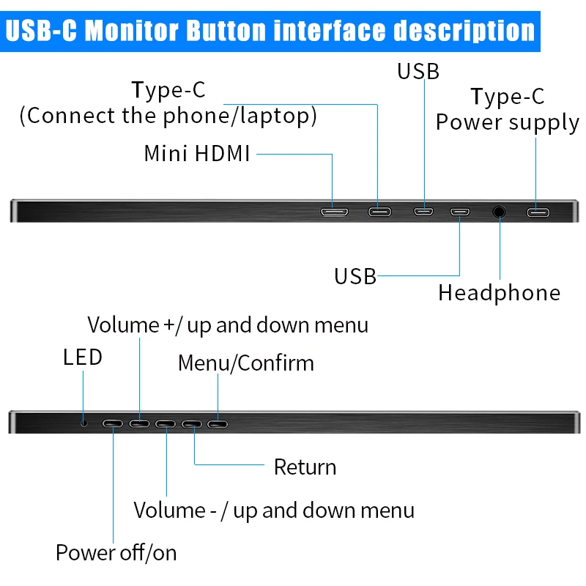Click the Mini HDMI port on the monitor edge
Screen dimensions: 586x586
tap(335, 212)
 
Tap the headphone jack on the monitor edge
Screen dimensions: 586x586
tap(499, 212)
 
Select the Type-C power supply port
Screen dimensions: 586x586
tap(538, 212)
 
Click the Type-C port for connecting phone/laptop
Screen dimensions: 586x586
tap(379, 212)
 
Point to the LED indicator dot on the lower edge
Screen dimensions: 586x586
tap(84, 423)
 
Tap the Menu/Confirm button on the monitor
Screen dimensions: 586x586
tap(218, 424)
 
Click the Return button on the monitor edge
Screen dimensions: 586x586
tap(192, 424)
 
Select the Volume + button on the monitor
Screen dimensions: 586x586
tap(139, 423)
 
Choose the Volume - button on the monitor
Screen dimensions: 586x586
tap(166, 424)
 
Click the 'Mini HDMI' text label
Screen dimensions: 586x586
tap(197, 153)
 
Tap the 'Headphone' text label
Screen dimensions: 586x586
tap(500, 292)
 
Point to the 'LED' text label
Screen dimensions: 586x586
tap(83, 357)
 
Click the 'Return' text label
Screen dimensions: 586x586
tap(305, 467)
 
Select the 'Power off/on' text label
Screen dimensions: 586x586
tap(116, 553)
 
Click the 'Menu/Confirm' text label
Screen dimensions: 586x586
tap(246, 363)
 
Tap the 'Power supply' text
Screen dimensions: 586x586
tap(508, 123)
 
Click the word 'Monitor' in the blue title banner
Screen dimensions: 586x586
tap(132, 31)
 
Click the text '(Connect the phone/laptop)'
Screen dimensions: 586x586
tap(168, 116)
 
